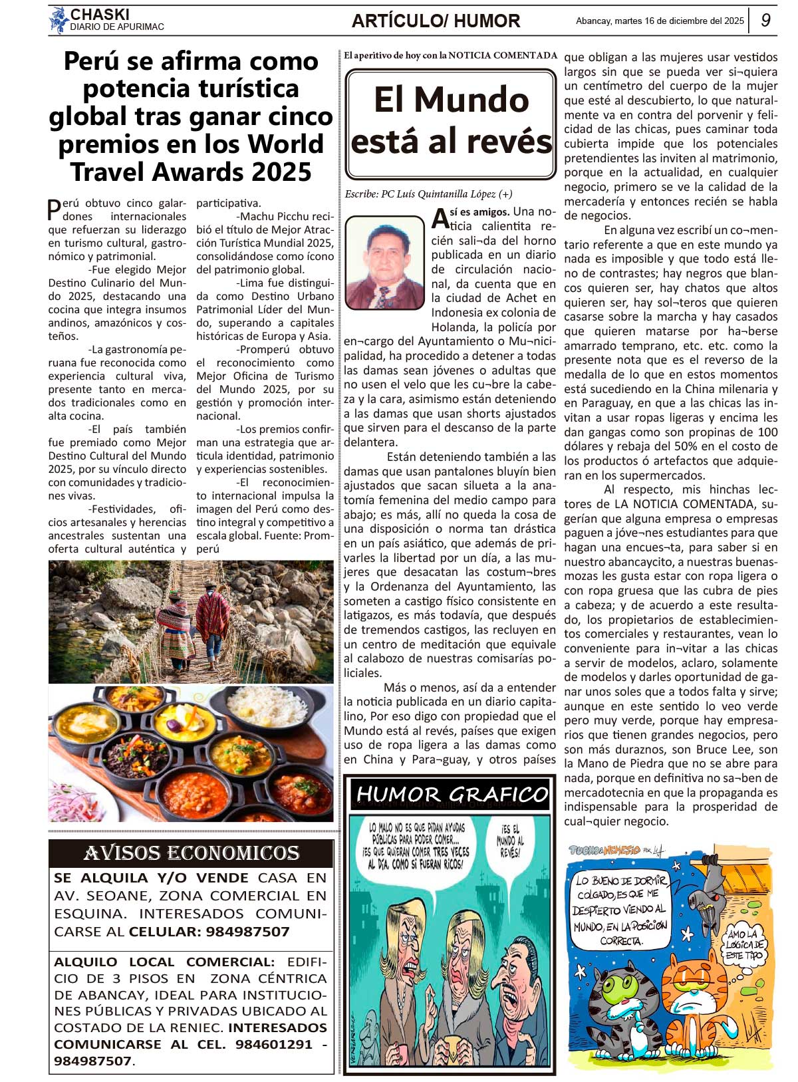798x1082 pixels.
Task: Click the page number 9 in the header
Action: click(766, 20)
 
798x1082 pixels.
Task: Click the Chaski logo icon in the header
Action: click(59, 20)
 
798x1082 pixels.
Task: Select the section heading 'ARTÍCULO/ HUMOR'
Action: click(436, 21)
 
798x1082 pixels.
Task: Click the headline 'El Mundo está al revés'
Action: click(451, 122)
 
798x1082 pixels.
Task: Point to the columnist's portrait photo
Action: click(384, 263)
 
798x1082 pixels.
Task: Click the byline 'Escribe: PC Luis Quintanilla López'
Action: click(428, 194)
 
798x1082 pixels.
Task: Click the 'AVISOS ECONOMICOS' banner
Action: click(192, 853)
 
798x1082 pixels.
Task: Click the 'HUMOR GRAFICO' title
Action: click(452, 794)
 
